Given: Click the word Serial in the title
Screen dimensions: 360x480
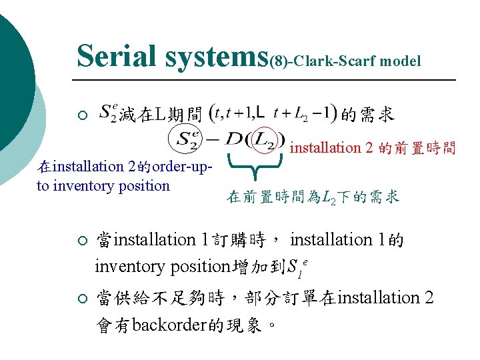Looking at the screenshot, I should (x=116, y=56).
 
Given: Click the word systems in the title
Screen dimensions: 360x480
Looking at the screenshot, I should (x=215, y=57).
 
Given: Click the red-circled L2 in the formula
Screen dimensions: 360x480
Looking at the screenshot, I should (x=265, y=140).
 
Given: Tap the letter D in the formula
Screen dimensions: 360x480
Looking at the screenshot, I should (x=234, y=140).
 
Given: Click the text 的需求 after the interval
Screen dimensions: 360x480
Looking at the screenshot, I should (x=367, y=115).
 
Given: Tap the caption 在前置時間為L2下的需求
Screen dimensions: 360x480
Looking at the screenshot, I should (x=313, y=197).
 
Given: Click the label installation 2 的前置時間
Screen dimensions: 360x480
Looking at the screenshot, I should (x=373, y=148).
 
